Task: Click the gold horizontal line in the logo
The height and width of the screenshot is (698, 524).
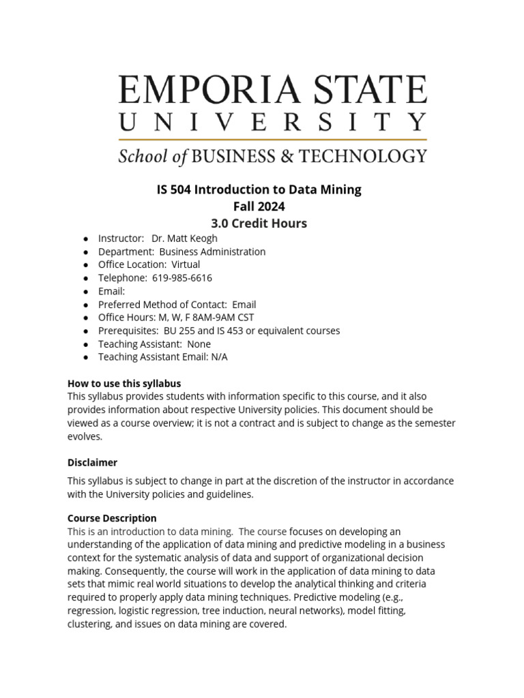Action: (x=273, y=140)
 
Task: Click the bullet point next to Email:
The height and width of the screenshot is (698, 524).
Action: (x=85, y=292)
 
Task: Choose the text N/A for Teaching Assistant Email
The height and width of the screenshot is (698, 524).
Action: (x=219, y=357)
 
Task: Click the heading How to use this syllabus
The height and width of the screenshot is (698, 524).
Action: (x=124, y=384)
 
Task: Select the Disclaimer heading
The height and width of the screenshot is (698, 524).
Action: (x=92, y=463)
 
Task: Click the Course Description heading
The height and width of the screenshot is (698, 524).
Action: (x=112, y=518)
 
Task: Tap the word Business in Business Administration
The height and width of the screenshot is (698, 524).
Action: (x=181, y=252)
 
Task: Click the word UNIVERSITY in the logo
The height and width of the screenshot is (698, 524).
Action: (x=273, y=123)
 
